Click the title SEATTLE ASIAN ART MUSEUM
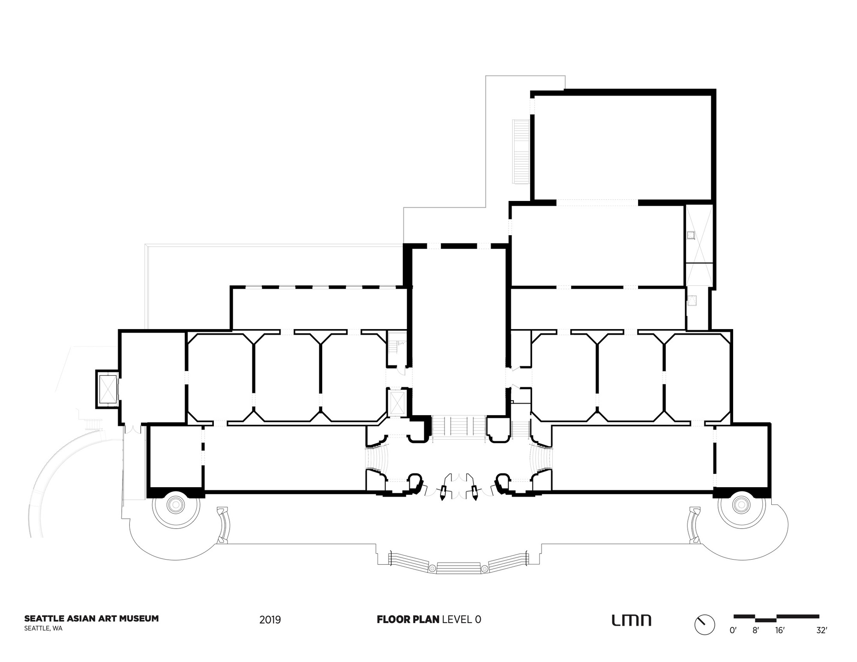tap(91, 618)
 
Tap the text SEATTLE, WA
tap(43, 629)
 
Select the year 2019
tap(270, 620)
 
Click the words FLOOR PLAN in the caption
tap(408, 619)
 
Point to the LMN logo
tap(631, 620)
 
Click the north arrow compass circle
tap(704, 625)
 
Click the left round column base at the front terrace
tap(176, 506)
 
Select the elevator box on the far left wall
tap(107, 389)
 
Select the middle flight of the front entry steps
tap(458, 567)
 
